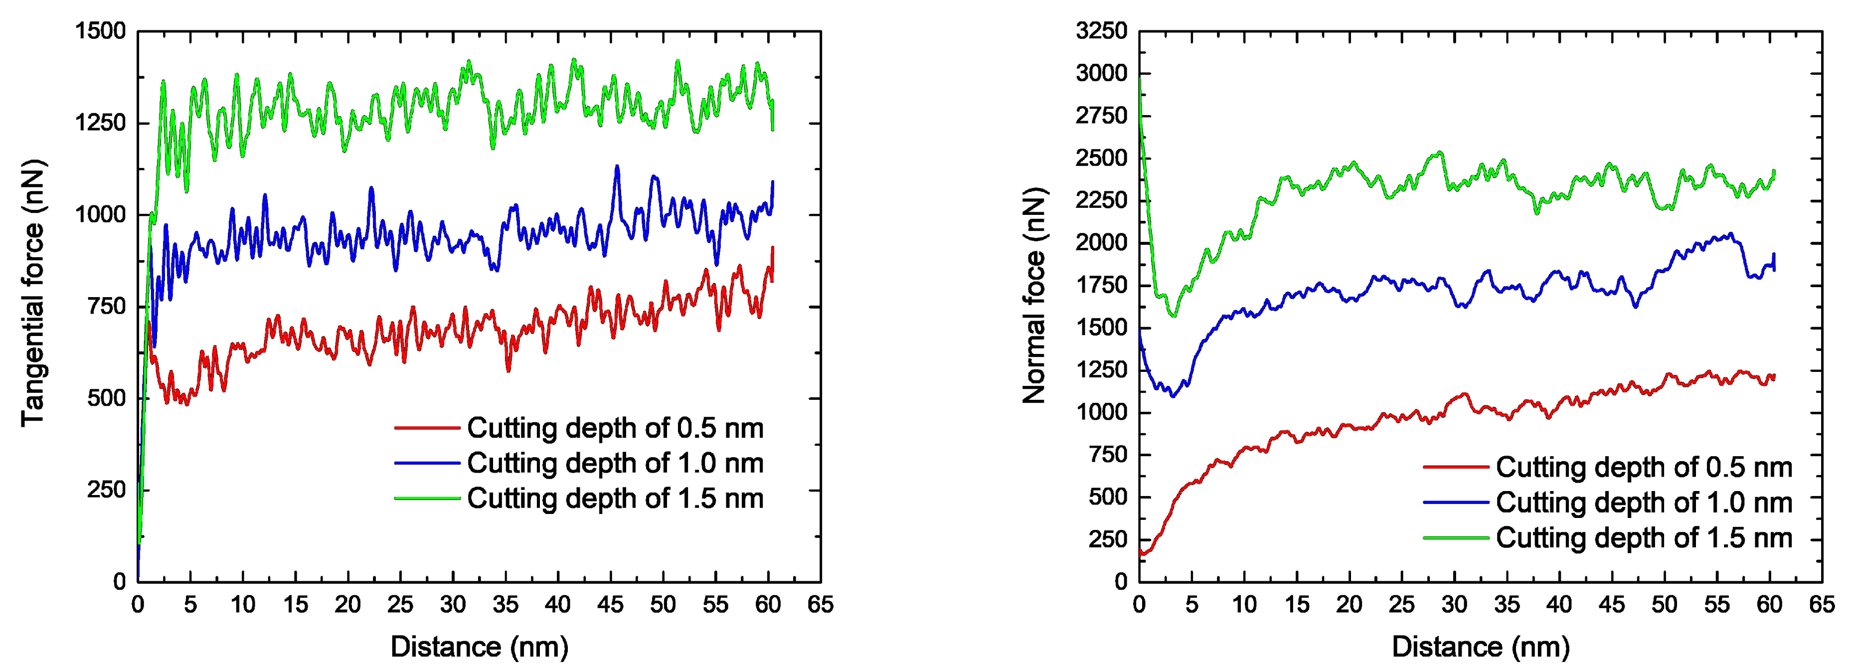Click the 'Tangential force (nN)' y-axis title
(x=32, y=293)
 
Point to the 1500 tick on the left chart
(x=100, y=31)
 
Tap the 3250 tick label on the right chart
(x=1101, y=31)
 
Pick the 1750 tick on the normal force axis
(x=1101, y=286)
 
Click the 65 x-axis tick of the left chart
(x=820, y=605)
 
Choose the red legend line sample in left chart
(x=427, y=428)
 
